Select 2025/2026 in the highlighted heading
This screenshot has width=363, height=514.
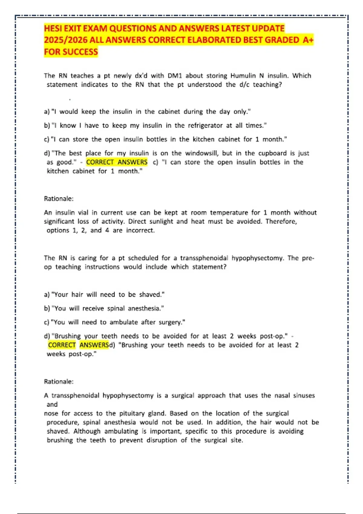click(x=65, y=40)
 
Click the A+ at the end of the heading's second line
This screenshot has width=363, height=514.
click(x=308, y=40)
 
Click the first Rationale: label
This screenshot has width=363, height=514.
click(x=59, y=199)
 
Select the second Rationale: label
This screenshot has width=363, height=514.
click(x=59, y=382)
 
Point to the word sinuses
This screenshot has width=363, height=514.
click(x=304, y=395)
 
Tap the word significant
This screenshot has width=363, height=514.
click(x=59, y=221)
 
